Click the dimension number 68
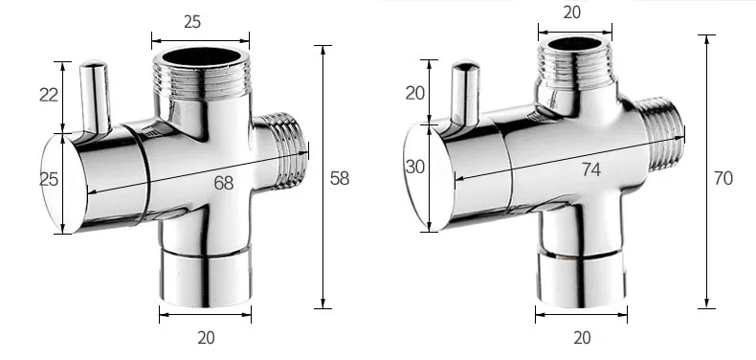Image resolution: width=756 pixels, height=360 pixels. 224,183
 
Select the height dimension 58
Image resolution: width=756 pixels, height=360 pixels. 340,178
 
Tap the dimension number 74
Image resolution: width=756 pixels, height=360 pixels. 590,169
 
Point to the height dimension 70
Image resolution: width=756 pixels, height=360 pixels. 723,178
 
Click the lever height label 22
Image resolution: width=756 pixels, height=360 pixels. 49,95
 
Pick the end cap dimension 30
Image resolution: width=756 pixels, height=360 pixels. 415,167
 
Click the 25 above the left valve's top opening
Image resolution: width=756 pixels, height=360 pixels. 192,22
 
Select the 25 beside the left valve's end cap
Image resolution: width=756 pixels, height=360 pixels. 49,179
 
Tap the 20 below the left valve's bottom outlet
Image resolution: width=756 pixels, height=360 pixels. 206,337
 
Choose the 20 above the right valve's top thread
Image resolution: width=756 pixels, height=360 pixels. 572,12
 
